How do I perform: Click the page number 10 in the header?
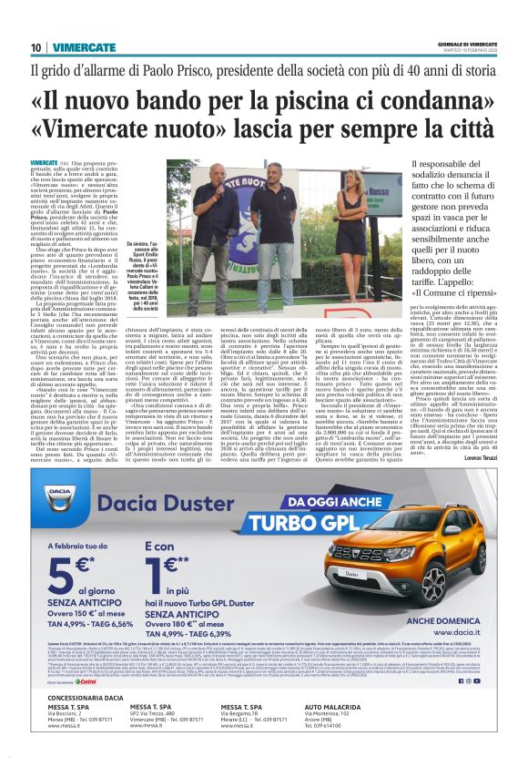[x=36, y=46]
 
